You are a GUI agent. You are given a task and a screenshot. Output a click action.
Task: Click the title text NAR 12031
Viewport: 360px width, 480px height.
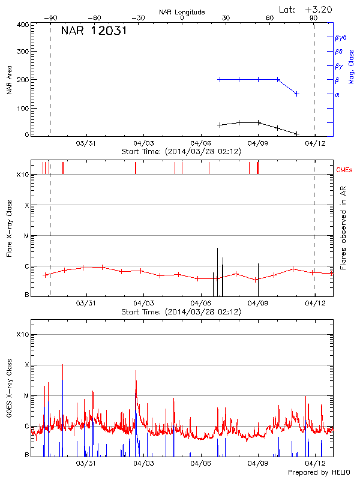tap(94, 31)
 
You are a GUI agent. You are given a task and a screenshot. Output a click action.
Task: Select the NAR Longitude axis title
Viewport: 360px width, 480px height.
tap(182, 12)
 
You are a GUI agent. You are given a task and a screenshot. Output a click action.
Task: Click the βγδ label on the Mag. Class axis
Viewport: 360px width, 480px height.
tap(341, 37)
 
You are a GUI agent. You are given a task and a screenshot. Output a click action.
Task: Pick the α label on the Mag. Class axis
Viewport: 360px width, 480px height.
tap(337, 94)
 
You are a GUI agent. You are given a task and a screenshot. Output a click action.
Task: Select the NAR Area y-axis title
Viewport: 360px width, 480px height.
tap(9, 80)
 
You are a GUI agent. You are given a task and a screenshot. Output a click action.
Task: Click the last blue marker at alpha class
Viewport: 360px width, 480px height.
tap(296, 94)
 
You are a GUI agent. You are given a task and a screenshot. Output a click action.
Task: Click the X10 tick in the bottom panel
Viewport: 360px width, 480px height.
tap(23, 334)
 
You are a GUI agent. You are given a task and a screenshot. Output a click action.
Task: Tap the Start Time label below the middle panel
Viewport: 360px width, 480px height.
tap(181, 312)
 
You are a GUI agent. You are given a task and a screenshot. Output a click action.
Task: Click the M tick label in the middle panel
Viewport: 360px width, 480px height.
tap(26, 236)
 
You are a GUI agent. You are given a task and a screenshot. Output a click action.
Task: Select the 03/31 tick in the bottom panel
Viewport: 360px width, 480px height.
tap(86, 463)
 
